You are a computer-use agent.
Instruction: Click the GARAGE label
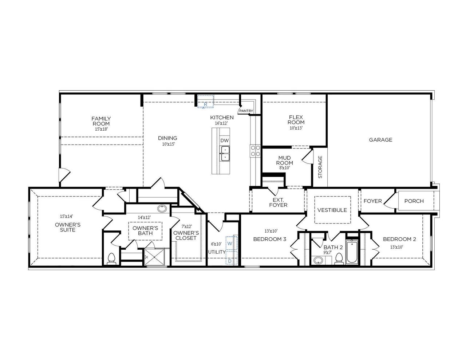[x=380, y=140]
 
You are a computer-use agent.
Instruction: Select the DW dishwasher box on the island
[x=225, y=141]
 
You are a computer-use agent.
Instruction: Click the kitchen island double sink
[x=225, y=153]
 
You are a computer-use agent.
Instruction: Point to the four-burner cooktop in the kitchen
[x=255, y=151]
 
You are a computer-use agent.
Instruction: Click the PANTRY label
[x=246, y=111]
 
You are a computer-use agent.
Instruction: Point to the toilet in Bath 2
[x=339, y=258]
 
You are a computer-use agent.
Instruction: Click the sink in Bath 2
[x=319, y=260]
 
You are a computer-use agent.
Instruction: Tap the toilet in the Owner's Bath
[x=112, y=258]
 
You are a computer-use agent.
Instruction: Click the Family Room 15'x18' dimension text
[x=101, y=129]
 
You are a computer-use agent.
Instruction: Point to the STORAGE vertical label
[x=320, y=167]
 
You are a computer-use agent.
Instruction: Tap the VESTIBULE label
[x=332, y=210]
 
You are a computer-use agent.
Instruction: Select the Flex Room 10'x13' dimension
[x=296, y=128]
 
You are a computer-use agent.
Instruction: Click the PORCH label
[x=414, y=201]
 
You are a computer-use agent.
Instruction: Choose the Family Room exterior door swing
[x=64, y=175]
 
